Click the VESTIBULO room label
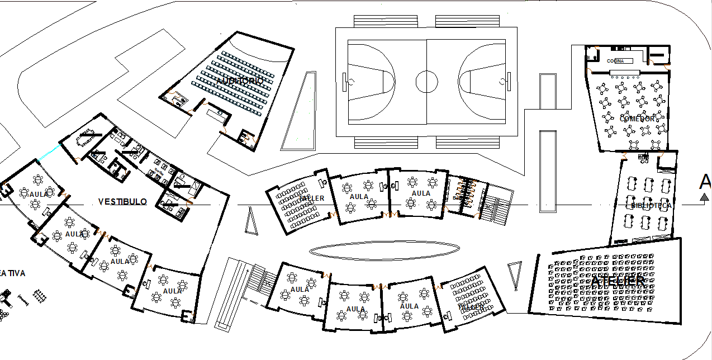pos(122,202)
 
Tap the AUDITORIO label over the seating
pos(240,81)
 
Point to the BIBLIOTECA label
pos(651,206)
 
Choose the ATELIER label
pos(620,282)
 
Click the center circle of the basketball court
pos(426,82)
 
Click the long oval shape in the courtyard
pos(385,249)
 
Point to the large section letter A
pos(705,181)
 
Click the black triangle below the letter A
pos(705,196)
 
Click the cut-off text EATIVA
pos(11,273)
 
